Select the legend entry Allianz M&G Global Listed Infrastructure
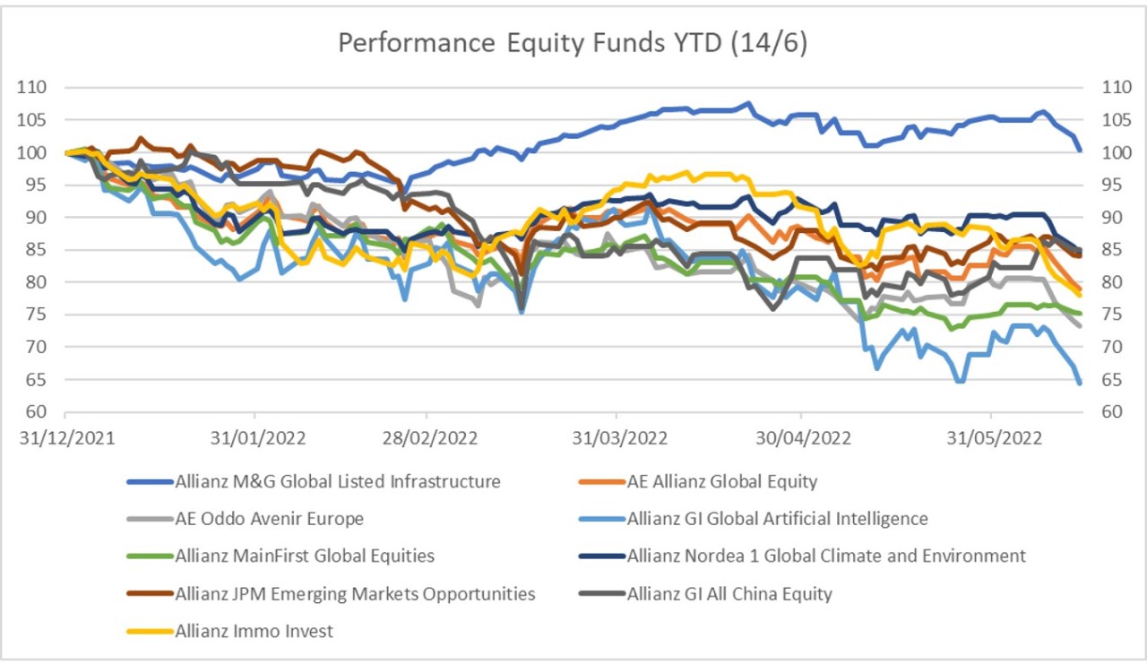pyautogui.click(x=338, y=482)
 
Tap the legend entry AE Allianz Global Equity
pyautogui.click(x=722, y=482)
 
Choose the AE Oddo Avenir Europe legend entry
pyautogui.click(x=270, y=519)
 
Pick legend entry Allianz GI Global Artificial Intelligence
pyautogui.click(x=778, y=519)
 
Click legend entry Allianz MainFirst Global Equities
pyautogui.click(x=305, y=556)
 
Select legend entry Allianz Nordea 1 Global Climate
pyautogui.click(x=826, y=556)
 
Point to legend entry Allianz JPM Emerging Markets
pyautogui.click(x=356, y=593)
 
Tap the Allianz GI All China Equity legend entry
pyautogui.click(x=729, y=593)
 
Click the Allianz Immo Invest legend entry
pyautogui.click(x=254, y=631)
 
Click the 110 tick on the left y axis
pyautogui.click(x=37, y=88)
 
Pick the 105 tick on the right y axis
pyautogui.click(x=1104, y=120)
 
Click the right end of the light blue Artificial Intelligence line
pyautogui.click(x=1079, y=383)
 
